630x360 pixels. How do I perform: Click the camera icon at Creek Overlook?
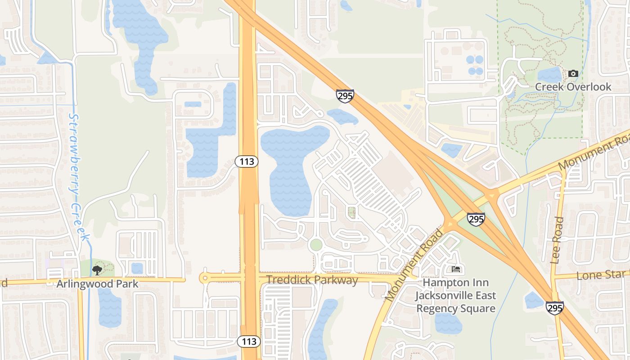click(x=573, y=73)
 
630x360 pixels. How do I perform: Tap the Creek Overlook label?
click(x=573, y=87)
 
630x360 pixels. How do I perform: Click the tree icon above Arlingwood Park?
click(x=97, y=270)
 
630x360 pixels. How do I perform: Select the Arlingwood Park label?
click(x=97, y=284)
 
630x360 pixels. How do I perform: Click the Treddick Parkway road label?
click(x=312, y=280)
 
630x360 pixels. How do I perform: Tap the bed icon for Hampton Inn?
click(x=455, y=270)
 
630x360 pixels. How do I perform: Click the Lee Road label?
click(x=557, y=240)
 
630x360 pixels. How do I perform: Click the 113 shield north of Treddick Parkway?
click(x=247, y=162)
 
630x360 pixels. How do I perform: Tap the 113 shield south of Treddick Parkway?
click(x=249, y=342)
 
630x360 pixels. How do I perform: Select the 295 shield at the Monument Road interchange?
click(x=476, y=219)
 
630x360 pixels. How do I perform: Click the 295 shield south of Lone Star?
click(x=554, y=308)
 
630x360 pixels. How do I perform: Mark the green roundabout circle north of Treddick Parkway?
click(x=316, y=245)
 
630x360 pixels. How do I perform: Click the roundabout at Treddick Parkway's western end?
click(x=205, y=278)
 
